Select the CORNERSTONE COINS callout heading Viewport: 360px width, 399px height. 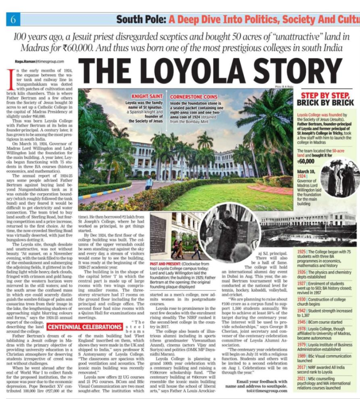pyautogui.click(x=191, y=96)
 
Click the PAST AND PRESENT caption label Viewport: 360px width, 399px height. pyautogui.click(x=166, y=262)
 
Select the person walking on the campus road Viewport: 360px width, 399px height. pyautogui.click(x=149, y=183)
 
